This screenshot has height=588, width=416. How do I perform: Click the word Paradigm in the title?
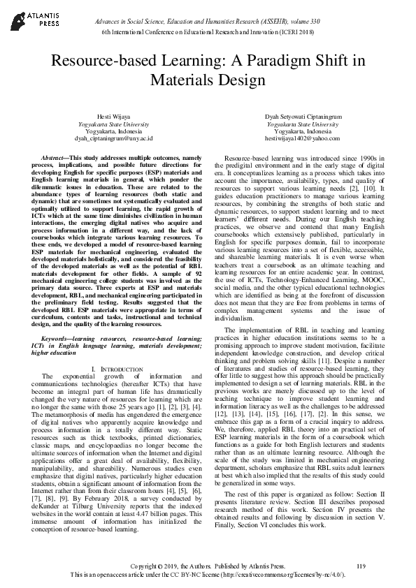coord(277,61)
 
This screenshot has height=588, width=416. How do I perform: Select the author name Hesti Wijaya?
coord(113,115)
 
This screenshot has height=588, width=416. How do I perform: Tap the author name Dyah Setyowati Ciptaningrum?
coord(303,115)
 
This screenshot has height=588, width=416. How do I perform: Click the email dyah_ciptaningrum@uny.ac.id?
coord(113,138)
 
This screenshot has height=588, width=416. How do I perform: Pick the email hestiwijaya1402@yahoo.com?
coord(303,138)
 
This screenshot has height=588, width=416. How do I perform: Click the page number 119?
coord(361,565)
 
